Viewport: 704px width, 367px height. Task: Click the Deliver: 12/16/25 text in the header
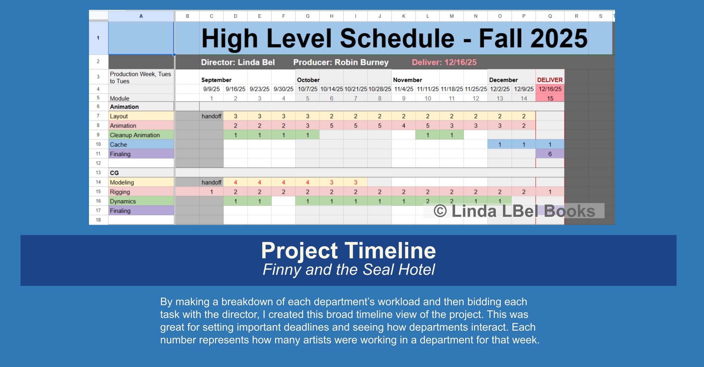444,63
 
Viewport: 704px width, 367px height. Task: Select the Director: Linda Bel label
238,63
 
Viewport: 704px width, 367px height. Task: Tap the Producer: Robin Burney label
341,63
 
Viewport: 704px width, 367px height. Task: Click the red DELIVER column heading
550,80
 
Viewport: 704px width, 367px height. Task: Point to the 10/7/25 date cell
307,89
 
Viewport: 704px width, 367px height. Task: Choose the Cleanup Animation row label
135,135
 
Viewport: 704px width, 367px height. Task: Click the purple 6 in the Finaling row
550,154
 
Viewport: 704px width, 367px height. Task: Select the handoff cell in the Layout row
211,116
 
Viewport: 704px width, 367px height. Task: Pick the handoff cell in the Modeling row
211,182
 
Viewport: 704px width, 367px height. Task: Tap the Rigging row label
120,192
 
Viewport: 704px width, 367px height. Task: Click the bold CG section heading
114,173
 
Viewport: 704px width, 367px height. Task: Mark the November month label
407,80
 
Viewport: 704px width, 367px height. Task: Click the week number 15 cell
550,99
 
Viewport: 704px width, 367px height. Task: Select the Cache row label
119,145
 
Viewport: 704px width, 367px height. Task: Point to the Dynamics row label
123,202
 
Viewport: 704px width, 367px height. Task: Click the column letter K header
403,16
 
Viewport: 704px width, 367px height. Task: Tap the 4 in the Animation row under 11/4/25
403,126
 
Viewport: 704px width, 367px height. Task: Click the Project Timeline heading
348,251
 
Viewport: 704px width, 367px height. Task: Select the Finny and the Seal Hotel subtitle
348,270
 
